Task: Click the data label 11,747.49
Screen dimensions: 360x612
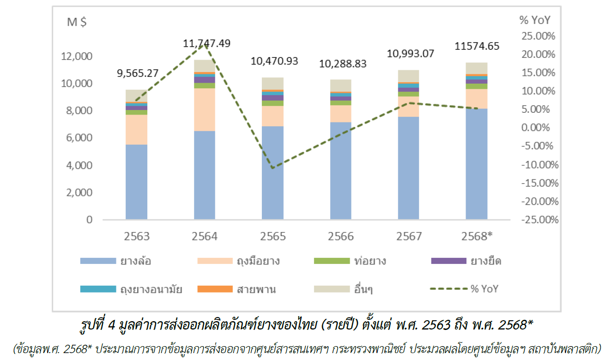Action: pyautogui.click(x=206, y=44)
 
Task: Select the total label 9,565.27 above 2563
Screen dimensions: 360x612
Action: pyautogui.click(x=137, y=73)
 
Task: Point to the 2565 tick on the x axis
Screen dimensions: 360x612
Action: pyautogui.click(x=273, y=237)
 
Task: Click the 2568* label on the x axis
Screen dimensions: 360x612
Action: pyautogui.click(x=476, y=237)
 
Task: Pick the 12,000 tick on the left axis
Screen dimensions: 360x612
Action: pyautogui.click(x=77, y=56)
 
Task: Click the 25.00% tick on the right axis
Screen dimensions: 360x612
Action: pyautogui.click(x=539, y=36)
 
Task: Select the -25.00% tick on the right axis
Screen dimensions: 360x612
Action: pyautogui.click(x=538, y=220)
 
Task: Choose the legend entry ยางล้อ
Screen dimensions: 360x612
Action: pyautogui.click(x=115, y=261)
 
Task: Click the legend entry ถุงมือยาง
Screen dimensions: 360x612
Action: pyautogui.click(x=238, y=261)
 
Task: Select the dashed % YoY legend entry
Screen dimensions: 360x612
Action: pyautogui.click(x=464, y=289)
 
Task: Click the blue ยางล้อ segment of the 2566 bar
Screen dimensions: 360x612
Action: pyautogui.click(x=341, y=171)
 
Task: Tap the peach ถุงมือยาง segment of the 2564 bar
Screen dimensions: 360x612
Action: pyautogui.click(x=205, y=110)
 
